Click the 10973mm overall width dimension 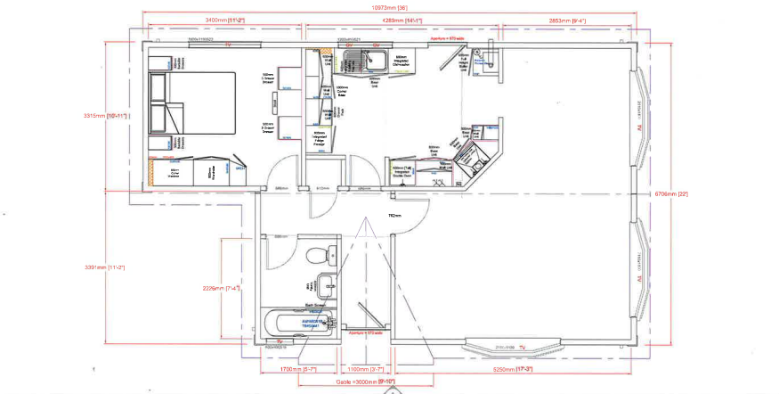pos(389,8)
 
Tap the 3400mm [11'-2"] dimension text pos(225,20)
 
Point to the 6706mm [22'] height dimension pos(671,193)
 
